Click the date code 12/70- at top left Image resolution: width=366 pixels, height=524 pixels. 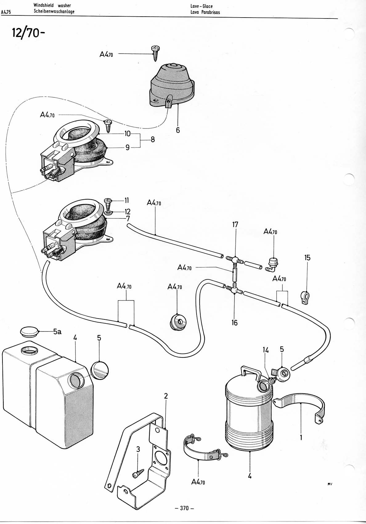pos(28,33)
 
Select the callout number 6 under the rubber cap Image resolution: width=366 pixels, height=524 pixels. pos(178,130)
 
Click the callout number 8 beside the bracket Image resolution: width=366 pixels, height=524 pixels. pos(152,140)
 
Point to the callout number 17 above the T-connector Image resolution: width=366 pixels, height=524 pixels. pos(235,225)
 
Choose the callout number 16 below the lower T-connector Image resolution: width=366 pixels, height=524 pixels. pos(234,323)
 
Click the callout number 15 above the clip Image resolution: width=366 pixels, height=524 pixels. pos(307,258)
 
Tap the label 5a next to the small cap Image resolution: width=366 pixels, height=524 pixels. pos(57,331)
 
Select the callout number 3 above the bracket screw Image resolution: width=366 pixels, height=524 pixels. pos(138,449)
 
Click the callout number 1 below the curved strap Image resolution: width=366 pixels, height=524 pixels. pos(301,437)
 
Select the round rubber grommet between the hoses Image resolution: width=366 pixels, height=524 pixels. pos(178,322)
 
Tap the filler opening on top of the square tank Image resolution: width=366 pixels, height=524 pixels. pos(29,351)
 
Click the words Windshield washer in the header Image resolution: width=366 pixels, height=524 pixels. pos(52,6)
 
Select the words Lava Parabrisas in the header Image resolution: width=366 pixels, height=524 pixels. pos(205,12)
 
